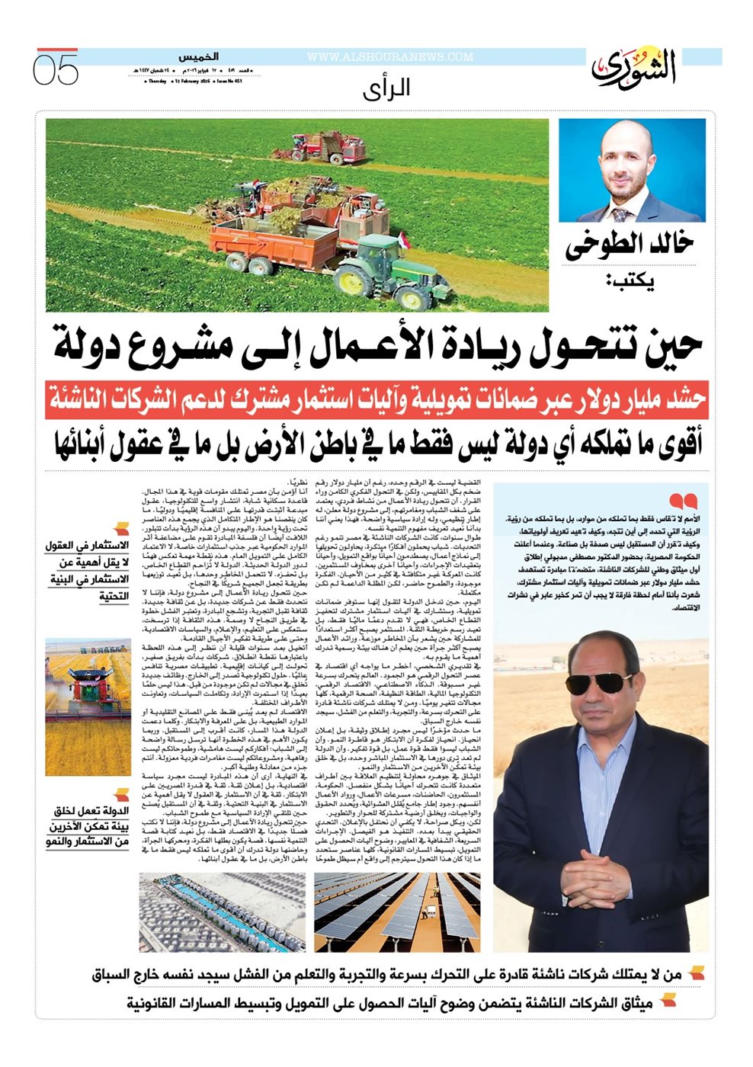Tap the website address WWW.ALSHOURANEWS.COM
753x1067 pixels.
(390, 57)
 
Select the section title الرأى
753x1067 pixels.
(386, 88)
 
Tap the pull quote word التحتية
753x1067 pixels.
(114, 596)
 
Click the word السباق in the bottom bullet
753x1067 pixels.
(115, 975)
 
